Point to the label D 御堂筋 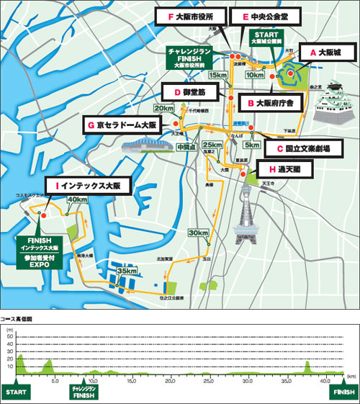pyautogui.click(x=189, y=91)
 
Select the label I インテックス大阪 pyautogui.click(x=90, y=185)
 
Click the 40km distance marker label pyautogui.click(x=76, y=199)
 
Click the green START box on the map pyautogui.click(x=269, y=37)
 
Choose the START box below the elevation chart pyautogui.click(x=18, y=392)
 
